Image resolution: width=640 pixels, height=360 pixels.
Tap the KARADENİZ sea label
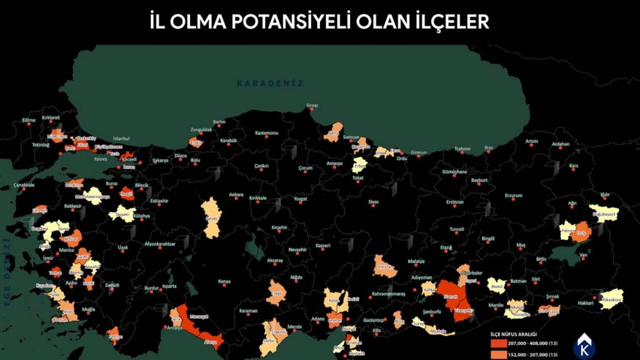pos(270,83)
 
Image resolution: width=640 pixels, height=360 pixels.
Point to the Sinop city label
pos(312,105)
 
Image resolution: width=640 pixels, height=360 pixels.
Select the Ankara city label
pos(237,195)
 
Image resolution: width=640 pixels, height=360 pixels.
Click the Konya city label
pos(224,281)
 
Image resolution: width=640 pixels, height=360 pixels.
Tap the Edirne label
pos(29,120)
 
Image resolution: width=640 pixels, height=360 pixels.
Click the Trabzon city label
pos(463,149)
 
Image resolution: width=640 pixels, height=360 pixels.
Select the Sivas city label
pos(374,202)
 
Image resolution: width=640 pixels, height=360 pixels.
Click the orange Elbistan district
pos(384,267)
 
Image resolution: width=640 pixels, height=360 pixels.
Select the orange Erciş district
pos(581,233)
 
